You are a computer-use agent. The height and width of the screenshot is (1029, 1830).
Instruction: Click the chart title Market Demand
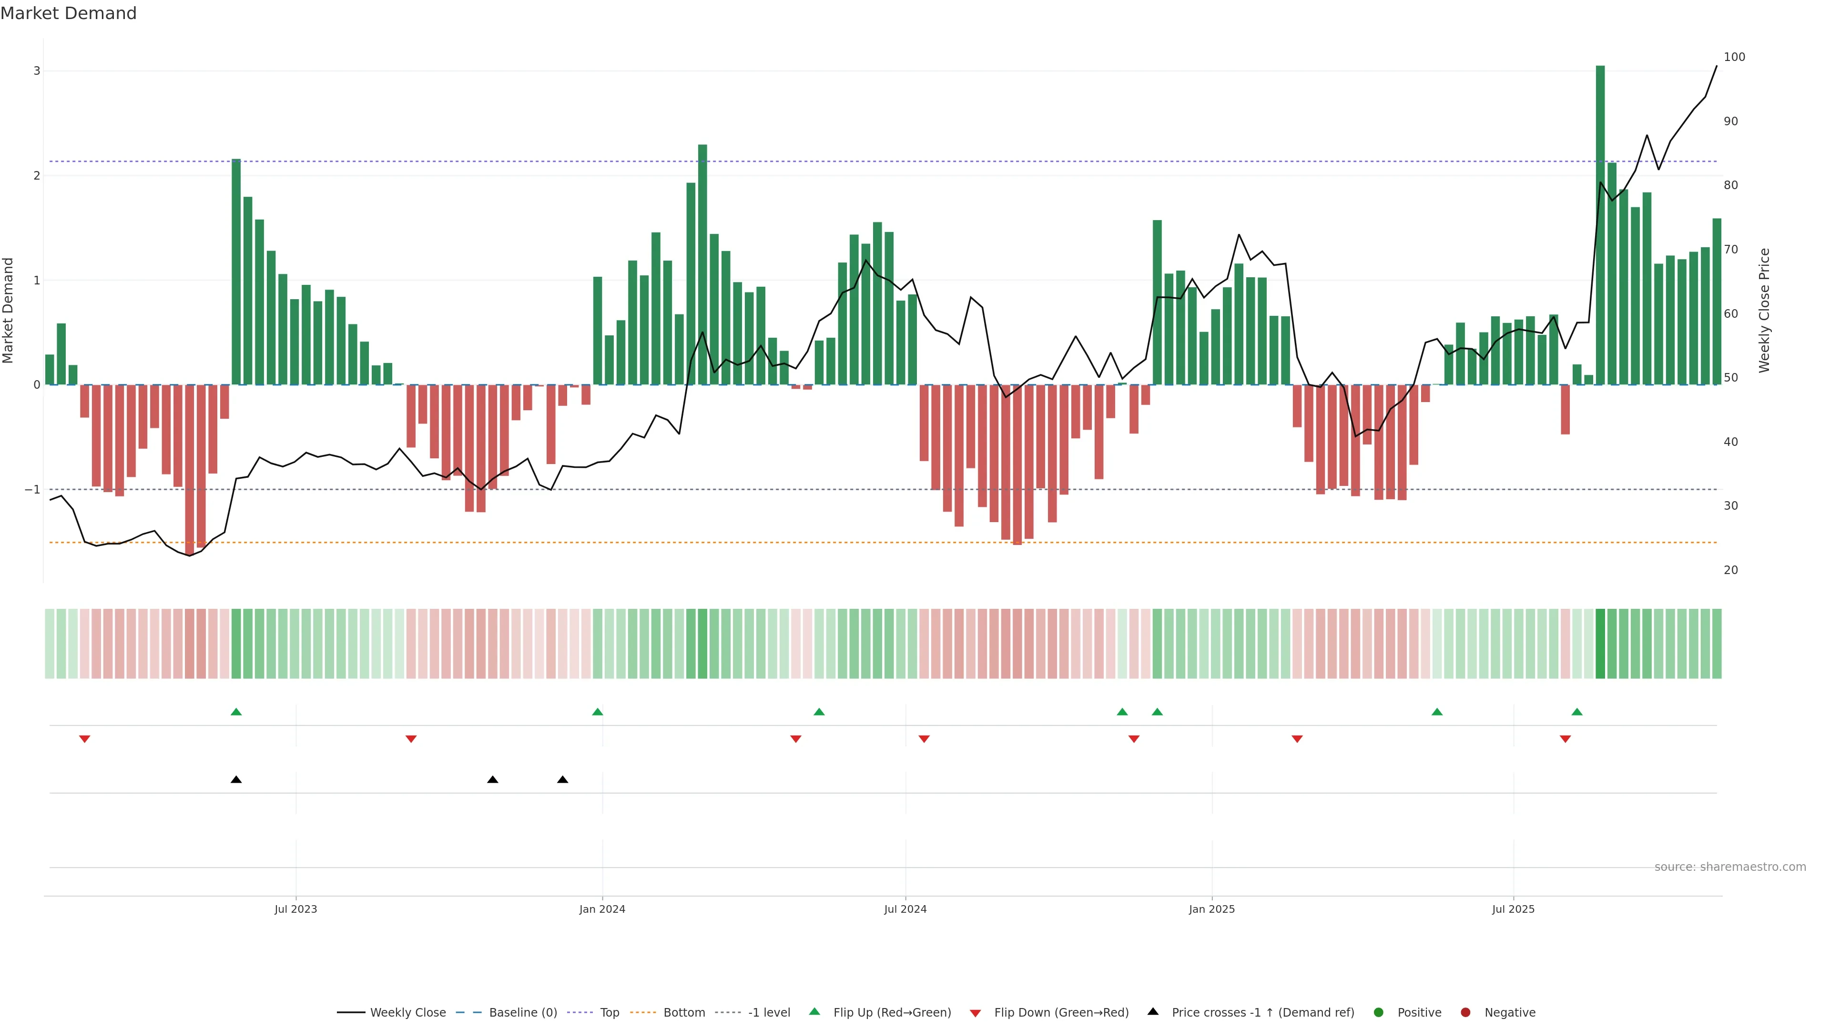68,13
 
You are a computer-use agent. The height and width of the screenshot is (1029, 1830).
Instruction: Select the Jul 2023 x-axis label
295,909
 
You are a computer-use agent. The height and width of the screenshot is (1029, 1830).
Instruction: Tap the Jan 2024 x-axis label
602,909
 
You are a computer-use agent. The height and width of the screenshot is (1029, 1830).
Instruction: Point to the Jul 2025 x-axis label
1513,909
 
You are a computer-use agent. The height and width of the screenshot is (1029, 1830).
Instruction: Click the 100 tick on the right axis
1734,57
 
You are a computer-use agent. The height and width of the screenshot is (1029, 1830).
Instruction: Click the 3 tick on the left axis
37,71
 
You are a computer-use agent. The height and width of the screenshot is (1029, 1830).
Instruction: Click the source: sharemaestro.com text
1730,867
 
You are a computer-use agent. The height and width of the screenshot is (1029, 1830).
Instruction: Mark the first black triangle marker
236,780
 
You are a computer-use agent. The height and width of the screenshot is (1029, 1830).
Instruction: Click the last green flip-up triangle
1577,712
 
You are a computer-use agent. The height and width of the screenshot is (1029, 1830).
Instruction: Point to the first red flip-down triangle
84,739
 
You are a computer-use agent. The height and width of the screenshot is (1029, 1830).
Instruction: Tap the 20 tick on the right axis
1730,570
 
